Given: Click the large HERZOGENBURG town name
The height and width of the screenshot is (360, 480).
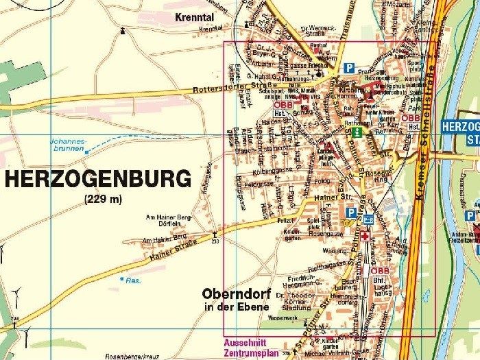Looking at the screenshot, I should pos(97,180).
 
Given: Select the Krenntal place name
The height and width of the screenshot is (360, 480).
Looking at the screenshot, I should pos(194,17).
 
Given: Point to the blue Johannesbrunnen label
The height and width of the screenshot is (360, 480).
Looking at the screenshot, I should pos(67,145).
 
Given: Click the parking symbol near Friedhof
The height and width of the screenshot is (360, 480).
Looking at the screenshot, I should pos(350,69).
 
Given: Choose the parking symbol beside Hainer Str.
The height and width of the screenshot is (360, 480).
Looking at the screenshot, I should pos(350,213).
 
